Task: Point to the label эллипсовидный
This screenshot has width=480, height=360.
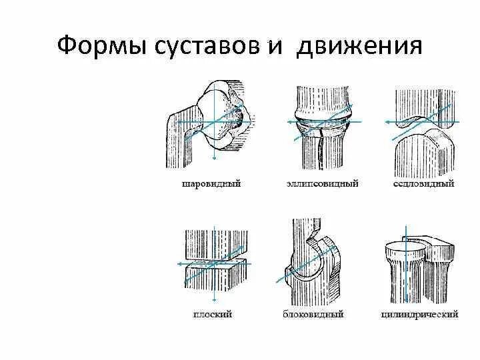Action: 323,183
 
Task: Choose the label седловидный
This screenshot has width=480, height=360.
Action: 423,183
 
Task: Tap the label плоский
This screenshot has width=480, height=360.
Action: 211,313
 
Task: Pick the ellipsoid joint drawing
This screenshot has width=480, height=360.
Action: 323,127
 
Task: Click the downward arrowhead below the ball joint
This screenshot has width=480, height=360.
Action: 213,158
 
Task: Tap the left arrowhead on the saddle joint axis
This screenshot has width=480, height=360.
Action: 386,123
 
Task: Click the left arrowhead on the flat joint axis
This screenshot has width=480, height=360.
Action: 179,264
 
